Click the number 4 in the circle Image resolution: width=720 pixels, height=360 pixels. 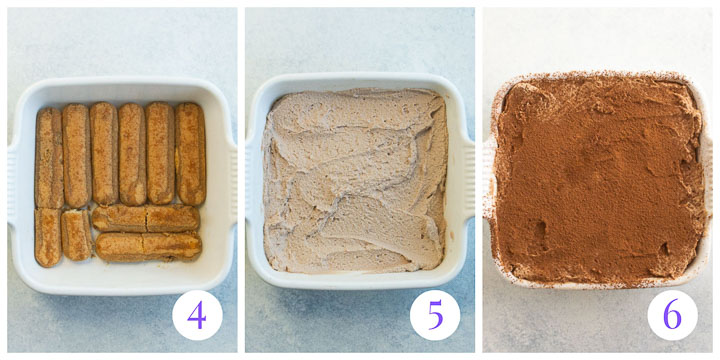click(x=196, y=315)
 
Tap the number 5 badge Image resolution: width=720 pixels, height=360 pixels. click(x=435, y=315)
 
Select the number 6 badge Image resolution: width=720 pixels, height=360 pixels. click(x=672, y=315)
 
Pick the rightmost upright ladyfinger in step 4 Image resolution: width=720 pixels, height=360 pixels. click(x=190, y=153)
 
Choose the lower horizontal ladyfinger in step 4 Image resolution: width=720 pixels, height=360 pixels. click(x=148, y=246)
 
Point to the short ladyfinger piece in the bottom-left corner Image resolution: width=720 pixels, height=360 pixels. click(x=47, y=237)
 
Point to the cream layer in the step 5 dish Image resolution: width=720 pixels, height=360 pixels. click(x=355, y=180)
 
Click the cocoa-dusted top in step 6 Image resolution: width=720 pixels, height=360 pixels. click(x=598, y=175)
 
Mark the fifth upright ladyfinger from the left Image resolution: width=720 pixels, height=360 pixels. click(x=160, y=153)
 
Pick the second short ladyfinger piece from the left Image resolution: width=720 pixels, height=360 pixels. click(x=76, y=235)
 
